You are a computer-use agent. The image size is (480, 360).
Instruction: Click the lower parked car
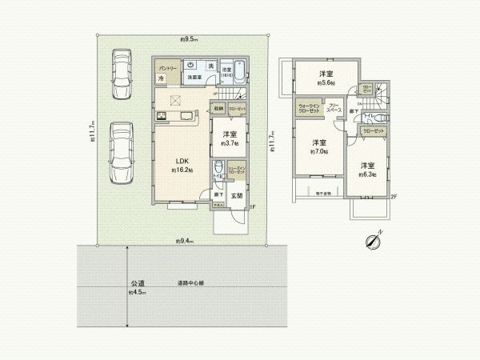tap(122, 152)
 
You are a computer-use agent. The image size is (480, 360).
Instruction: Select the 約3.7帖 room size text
tap(229, 144)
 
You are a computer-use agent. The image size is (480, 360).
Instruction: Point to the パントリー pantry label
tap(166, 68)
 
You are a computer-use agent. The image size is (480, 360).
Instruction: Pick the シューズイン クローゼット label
tap(237, 170)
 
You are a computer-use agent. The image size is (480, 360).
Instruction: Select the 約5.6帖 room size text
tap(326, 82)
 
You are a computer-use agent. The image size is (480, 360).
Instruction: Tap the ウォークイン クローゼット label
tap(309, 108)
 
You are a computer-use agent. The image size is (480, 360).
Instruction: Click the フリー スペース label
tap(335, 107)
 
